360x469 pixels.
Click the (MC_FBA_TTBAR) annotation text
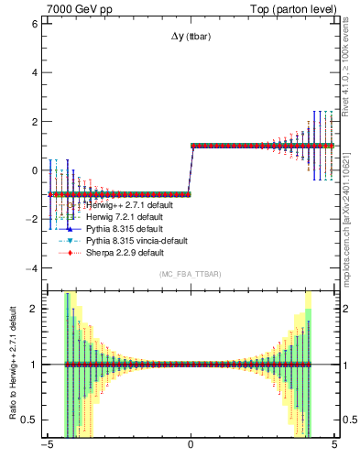[x=191, y=275]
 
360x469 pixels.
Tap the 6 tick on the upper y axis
[x=35, y=23]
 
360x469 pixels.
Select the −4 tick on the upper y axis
[x=32, y=268]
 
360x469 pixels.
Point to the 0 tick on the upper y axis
[x=35, y=170]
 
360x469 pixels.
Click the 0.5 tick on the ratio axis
[x=30, y=420]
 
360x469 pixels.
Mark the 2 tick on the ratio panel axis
[x=35, y=308]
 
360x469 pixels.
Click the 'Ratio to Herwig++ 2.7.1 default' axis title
[x=11, y=364]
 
